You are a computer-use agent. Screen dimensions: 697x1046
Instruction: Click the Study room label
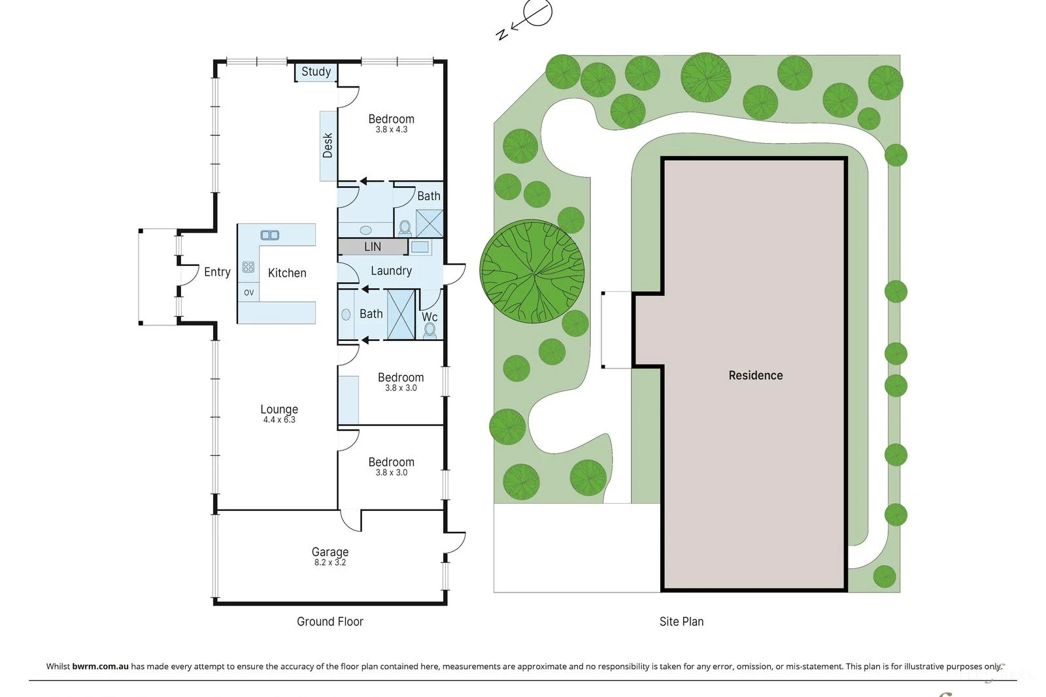coord(316,72)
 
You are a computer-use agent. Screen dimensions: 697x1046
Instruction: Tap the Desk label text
coord(328,145)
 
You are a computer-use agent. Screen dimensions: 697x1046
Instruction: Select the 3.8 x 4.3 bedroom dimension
coord(391,130)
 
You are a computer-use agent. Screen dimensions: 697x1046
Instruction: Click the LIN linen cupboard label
coord(373,247)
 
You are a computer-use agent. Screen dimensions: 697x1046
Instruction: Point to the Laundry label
coord(391,270)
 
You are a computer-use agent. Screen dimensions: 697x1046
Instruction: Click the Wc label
coord(430,317)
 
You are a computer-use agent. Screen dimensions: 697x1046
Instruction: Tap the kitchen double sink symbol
coord(270,235)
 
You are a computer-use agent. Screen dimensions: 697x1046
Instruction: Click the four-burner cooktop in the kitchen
coord(248,267)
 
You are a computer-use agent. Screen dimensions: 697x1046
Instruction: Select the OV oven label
coord(248,293)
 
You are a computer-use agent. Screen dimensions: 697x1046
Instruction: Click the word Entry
coord(217,272)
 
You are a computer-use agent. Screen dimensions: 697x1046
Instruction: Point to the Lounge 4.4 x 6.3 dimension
coord(279,420)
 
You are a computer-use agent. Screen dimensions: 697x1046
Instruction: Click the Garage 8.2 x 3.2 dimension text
coord(329,562)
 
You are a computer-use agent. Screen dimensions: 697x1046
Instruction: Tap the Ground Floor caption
coord(329,621)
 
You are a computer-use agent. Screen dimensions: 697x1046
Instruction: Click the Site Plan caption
coord(681,621)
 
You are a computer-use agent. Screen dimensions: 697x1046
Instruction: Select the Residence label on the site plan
coord(756,375)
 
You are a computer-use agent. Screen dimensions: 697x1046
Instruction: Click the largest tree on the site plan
coord(532,271)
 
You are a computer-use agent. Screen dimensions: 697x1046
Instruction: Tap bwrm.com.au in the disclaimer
coord(100,666)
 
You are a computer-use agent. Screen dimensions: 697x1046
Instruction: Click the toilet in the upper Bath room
coord(405,227)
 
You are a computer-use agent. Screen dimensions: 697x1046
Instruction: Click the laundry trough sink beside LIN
coord(420,247)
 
